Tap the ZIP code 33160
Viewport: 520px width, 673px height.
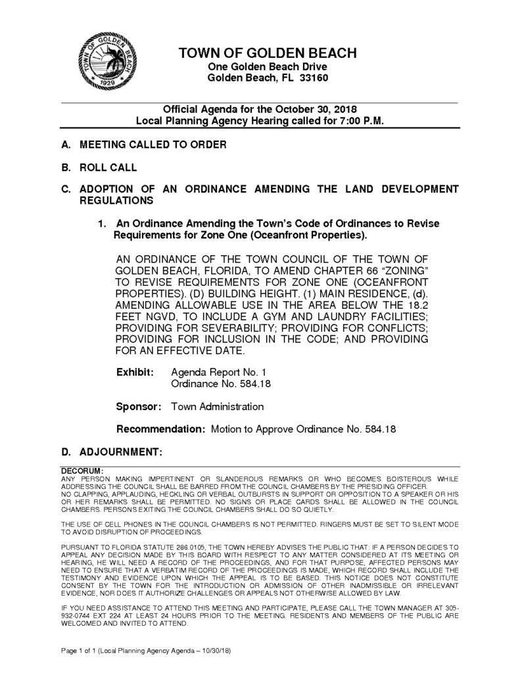(312, 78)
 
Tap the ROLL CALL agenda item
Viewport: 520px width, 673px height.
(108, 167)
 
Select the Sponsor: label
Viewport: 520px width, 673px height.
(139, 407)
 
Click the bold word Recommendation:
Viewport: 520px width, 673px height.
(160, 429)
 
